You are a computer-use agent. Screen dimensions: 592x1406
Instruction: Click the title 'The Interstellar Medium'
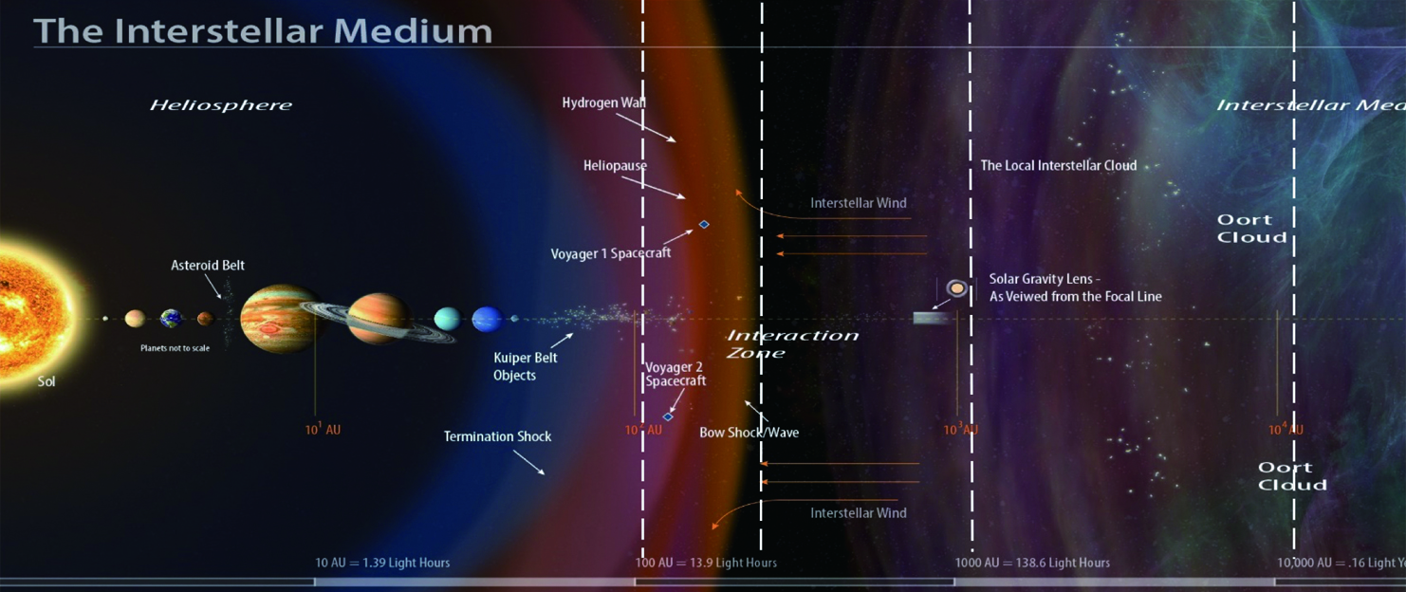point(263,30)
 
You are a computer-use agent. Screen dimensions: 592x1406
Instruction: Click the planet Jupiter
point(277,318)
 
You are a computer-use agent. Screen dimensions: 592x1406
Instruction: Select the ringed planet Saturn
point(378,318)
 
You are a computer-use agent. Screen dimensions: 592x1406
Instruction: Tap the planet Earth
point(172,319)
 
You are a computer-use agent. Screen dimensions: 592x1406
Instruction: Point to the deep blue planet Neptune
point(487,319)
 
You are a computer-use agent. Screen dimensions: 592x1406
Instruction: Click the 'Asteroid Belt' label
point(208,266)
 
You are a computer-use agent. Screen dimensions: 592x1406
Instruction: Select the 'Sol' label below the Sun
point(46,381)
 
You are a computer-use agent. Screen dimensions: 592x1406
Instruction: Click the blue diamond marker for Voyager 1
point(704,224)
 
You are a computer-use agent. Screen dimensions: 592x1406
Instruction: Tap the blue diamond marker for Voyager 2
point(668,416)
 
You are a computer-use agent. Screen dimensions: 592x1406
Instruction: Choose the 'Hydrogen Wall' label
point(604,102)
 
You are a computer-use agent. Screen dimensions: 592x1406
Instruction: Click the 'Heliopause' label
point(615,165)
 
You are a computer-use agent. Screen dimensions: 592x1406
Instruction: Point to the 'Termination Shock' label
point(497,436)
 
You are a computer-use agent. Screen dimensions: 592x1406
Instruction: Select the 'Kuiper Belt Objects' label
point(525,366)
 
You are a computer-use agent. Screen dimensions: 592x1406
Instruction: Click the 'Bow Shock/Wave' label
point(749,433)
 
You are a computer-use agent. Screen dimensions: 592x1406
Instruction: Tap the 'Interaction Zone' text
point(791,343)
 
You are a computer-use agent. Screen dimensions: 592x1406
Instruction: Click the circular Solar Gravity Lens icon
point(957,288)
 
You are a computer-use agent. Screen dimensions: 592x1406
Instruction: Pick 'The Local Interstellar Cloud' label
point(1058,165)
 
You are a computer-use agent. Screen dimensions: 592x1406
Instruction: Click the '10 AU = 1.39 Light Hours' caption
point(382,563)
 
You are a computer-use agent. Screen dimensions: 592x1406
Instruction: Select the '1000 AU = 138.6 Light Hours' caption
point(1032,563)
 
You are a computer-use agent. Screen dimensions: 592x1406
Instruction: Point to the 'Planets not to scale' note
point(175,348)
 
